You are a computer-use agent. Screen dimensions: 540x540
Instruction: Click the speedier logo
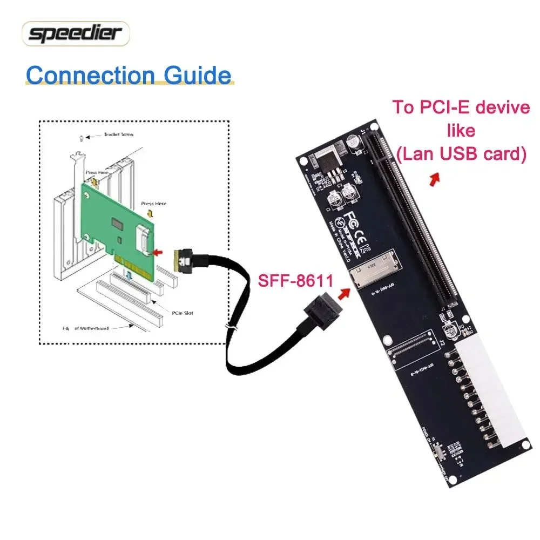pos(76,34)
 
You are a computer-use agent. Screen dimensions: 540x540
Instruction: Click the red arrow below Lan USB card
pos(433,180)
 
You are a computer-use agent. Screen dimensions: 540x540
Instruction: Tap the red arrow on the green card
pos(158,252)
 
